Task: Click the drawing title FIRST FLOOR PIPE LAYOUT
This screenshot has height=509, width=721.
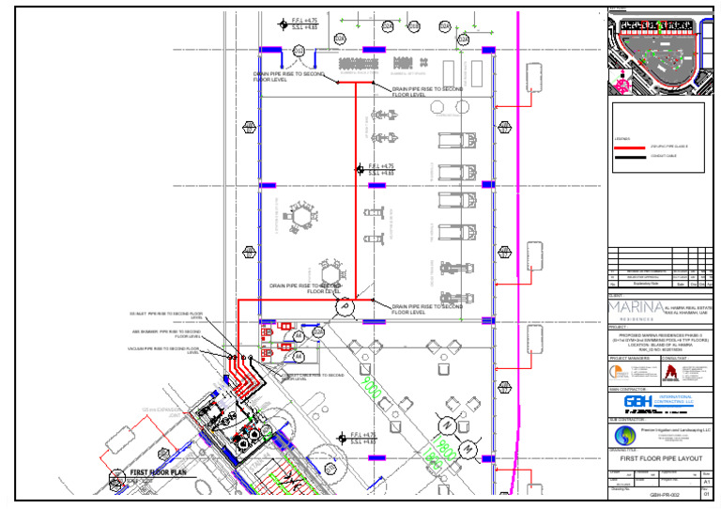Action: pos(662,457)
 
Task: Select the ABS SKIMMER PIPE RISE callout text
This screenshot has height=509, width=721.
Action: pos(166,332)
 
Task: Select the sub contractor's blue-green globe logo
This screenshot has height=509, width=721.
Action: pos(624,436)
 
